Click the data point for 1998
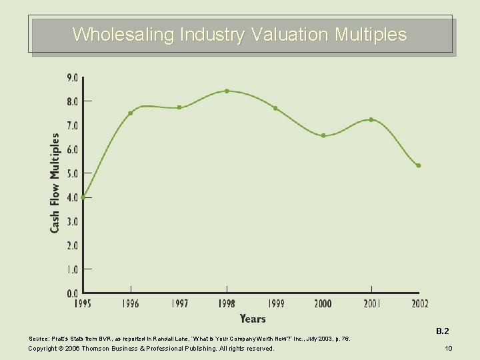pyautogui.click(x=227, y=91)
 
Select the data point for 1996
pyautogui.click(x=131, y=113)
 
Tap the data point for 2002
pyautogui.click(x=419, y=165)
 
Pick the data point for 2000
pyautogui.click(x=323, y=135)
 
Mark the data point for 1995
pyautogui.click(x=83, y=197)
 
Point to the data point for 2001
pyautogui.click(x=371, y=120)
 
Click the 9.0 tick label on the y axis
pyautogui.click(x=71, y=77)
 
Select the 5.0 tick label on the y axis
pyautogui.click(x=71, y=173)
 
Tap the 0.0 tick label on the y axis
pyautogui.click(x=71, y=293)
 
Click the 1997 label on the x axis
pyautogui.click(x=179, y=304)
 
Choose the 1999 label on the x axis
pyautogui.click(x=275, y=304)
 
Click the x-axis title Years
pyautogui.click(x=253, y=319)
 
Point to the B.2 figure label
pyautogui.click(x=443, y=331)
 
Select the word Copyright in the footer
pyautogui.click(x=43, y=349)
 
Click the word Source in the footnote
pyautogui.click(x=37, y=339)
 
